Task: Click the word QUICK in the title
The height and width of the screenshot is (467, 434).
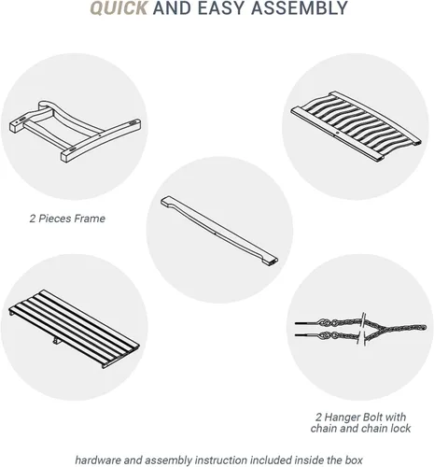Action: [119, 8]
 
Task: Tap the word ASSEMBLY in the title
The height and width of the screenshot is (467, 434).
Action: [300, 8]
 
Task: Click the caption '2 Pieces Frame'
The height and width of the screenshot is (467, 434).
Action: [67, 219]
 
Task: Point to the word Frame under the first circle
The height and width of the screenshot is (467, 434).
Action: [90, 219]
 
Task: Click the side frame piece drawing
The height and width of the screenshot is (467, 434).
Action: [75, 131]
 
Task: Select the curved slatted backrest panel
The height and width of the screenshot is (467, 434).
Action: [356, 126]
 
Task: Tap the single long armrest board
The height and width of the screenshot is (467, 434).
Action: [219, 231]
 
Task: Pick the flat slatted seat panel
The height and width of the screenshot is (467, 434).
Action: [74, 329]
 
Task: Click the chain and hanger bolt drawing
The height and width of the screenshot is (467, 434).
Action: [360, 330]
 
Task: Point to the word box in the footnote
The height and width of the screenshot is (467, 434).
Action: [354, 460]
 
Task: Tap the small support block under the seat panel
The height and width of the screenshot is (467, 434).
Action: [57, 341]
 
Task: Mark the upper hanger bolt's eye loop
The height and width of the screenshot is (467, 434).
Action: [324, 322]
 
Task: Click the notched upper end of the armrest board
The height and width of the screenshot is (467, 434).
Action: [167, 200]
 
